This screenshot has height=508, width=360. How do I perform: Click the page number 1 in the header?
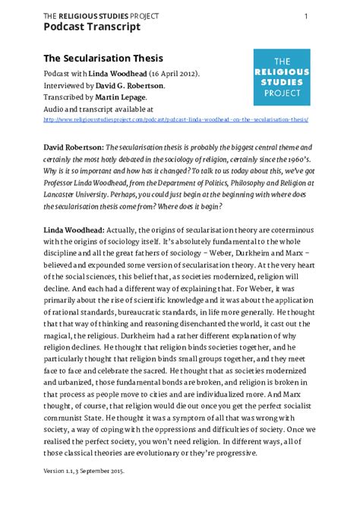[x=305, y=16]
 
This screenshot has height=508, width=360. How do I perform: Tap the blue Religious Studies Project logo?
[x=281, y=77]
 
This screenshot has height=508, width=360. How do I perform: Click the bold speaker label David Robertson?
[x=73, y=144]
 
